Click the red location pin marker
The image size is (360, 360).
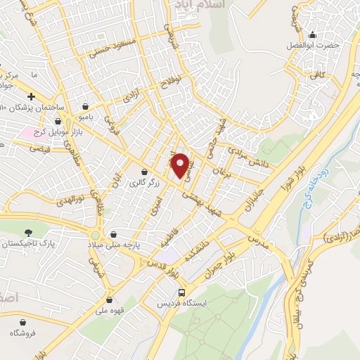pos(181,165)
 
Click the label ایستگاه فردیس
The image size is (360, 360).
pos(182,304)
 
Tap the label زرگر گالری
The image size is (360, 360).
pos(146,183)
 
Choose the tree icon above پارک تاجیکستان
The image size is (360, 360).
pos(29,232)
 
